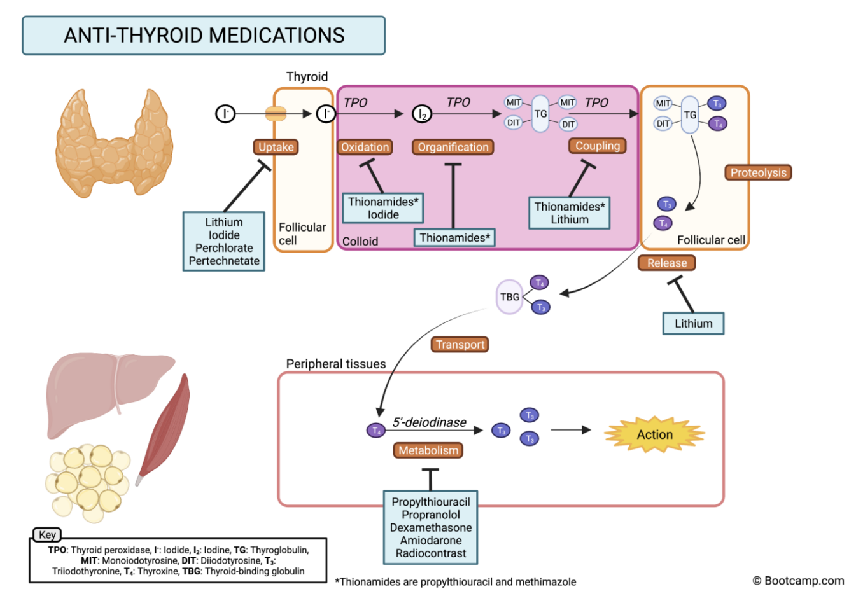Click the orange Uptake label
(276, 147)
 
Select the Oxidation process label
(365, 147)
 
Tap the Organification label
(453, 147)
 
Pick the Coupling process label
(597, 146)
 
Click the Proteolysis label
(758, 172)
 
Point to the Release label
(666, 263)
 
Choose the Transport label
(460, 344)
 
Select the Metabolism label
(428, 450)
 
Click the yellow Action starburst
(654, 434)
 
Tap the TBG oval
(509, 296)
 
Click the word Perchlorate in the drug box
(224, 247)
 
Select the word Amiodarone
(431, 540)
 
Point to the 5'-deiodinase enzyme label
(429, 422)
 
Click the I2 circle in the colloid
(422, 114)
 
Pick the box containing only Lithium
(693, 323)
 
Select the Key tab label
(47, 535)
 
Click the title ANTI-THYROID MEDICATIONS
(204, 36)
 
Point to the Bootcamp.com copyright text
(798, 580)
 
